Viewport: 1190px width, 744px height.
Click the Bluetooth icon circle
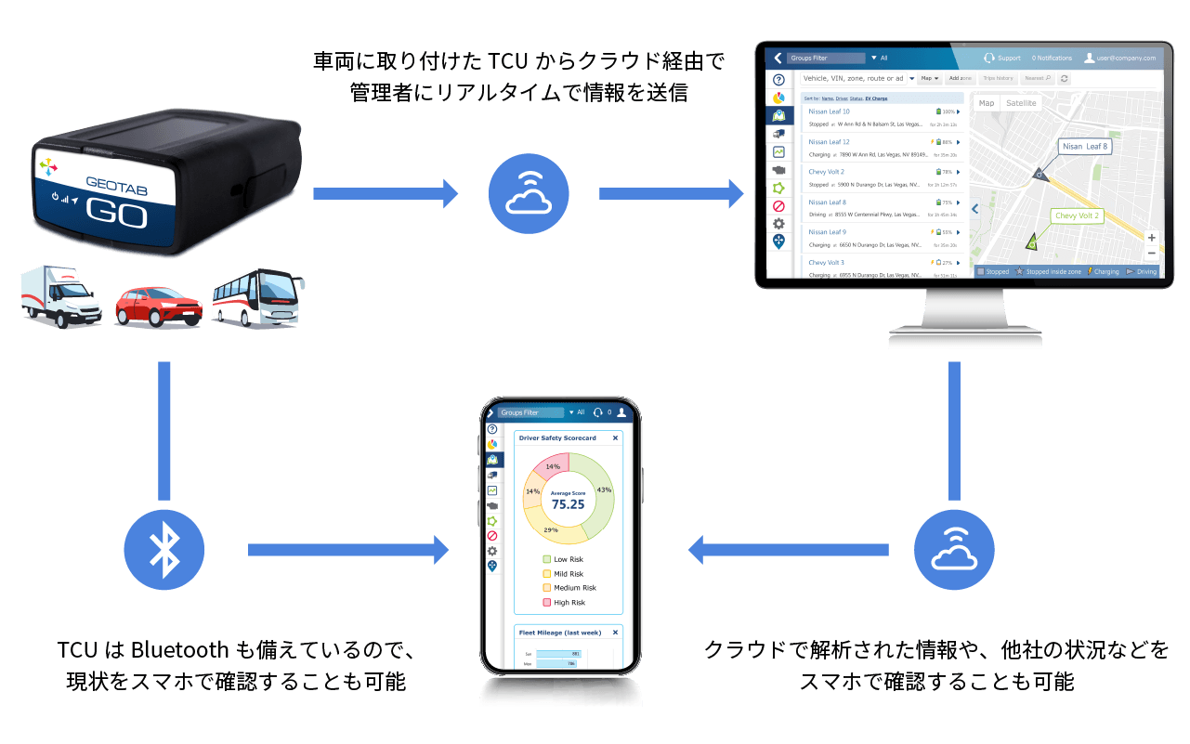164,549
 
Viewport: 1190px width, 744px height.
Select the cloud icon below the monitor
953,549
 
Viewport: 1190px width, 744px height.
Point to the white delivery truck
61,297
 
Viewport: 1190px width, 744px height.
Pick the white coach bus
257,297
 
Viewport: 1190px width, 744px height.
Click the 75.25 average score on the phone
568,504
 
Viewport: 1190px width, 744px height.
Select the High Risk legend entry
569,603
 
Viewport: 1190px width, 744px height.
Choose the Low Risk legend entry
568,559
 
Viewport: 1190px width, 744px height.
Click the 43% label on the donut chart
604,489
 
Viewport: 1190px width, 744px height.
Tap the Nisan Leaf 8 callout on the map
1084,147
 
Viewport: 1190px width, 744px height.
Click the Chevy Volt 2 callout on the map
1077,215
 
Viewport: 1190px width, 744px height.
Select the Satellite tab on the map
1022,103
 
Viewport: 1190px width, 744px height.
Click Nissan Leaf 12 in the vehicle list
829,142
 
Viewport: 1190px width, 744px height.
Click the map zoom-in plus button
1152,238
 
